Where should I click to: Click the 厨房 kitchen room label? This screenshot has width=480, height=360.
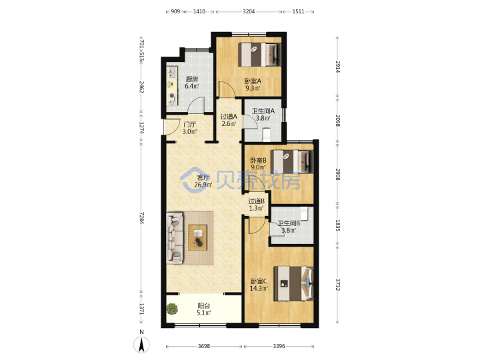coord(192,79)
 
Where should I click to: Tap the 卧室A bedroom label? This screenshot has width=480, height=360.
coord(253,81)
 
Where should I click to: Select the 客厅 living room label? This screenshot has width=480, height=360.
coord(203,177)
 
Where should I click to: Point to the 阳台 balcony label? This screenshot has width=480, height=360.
coord(204,305)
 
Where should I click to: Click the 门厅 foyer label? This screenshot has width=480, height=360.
coord(189,125)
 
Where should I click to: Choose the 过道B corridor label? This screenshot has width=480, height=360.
coord(256,201)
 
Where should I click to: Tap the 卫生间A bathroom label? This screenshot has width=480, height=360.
coord(263,111)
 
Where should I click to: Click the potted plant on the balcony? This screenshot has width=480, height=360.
coord(172,309)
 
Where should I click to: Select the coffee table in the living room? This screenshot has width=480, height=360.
coord(197,237)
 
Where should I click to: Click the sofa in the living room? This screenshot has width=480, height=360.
coord(175,237)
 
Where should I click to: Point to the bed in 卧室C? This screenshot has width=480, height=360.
coord(293,283)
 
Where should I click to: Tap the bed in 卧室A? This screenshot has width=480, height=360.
coord(259,55)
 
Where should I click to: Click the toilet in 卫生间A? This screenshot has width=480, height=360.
coord(266,135)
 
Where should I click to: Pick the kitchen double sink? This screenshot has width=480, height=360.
coord(171,73)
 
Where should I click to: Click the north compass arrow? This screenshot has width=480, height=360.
coord(141,345)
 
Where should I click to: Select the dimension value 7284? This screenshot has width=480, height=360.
coord(141,217)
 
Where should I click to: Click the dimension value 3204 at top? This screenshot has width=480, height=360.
coord(249,11)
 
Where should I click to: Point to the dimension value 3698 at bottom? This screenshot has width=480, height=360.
coord(204,346)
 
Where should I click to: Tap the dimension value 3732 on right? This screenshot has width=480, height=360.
coord(337,285)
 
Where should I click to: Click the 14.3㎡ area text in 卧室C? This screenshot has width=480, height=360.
coord(259,289)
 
